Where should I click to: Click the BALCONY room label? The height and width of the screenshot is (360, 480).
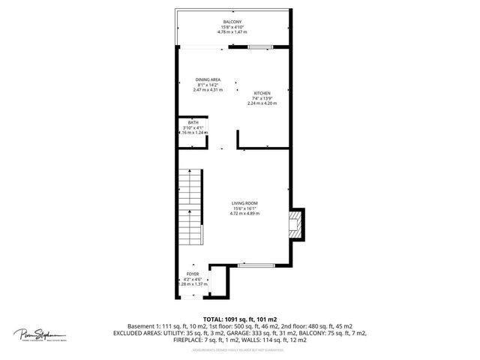232,22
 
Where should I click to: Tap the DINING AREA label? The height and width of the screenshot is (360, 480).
208,79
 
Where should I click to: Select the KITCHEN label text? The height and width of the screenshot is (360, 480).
262,93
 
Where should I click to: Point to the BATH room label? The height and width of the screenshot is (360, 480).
193,122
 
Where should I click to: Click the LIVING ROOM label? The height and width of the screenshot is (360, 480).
244,203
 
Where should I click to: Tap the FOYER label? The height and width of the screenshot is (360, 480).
193,274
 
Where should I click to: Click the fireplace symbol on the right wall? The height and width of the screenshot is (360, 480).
296,223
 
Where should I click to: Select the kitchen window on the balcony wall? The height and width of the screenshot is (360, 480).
260,48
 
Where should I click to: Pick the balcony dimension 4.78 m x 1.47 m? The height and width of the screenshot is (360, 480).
232,32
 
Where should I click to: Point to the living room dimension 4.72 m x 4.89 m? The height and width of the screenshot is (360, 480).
244,214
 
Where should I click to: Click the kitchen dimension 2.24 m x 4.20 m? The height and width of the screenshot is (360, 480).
262,103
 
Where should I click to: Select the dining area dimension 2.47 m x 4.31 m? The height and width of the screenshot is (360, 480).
208,90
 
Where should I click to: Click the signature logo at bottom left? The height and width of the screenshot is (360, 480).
40,334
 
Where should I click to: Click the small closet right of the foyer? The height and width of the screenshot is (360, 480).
219,279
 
